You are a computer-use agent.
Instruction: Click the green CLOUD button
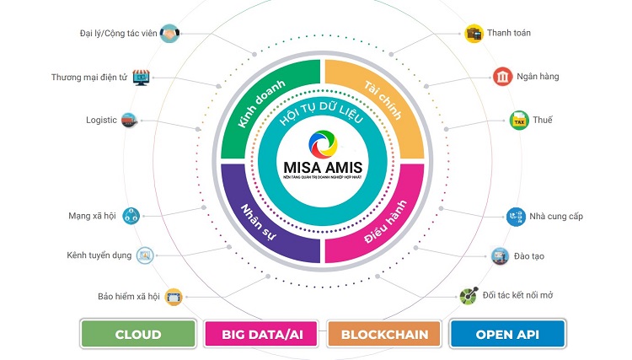pyautogui.click(x=138, y=334)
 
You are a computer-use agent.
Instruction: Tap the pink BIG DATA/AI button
pyautogui.click(x=261, y=334)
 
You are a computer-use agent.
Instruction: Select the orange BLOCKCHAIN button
pyautogui.click(x=384, y=334)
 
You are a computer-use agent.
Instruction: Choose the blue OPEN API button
pyautogui.click(x=506, y=334)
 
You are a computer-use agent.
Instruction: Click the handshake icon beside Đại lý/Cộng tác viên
pyautogui.click(x=169, y=35)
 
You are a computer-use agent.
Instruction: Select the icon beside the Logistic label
pyautogui.click(x=129, y=120)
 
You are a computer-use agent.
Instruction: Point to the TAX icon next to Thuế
pyautogui.click(x=518, y=121)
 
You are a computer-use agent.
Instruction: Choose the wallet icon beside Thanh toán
pyautogui.click(x=474, y=34)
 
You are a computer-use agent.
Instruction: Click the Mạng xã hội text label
pyautogui.click(x=92, y=216)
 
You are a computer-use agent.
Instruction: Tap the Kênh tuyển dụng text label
pyautogui.click(x=99, y=255)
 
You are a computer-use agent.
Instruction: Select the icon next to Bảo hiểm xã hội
pyautogui.click(x=174, y=297)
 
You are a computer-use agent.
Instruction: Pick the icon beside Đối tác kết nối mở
pyautogui.click(x=468, y=296)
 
